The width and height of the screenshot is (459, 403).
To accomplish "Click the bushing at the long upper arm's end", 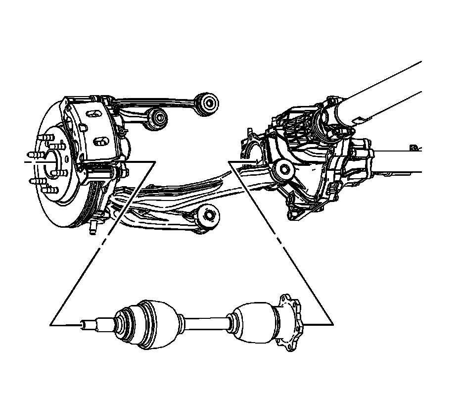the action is [208, 102].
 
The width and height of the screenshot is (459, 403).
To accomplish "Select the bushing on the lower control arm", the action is [208, 215].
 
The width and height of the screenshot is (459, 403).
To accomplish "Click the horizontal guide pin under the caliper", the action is [101, 174].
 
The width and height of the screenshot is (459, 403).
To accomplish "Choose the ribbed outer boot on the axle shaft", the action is [126, 324].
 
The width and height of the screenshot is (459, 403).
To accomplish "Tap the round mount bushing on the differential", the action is [284, 169].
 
